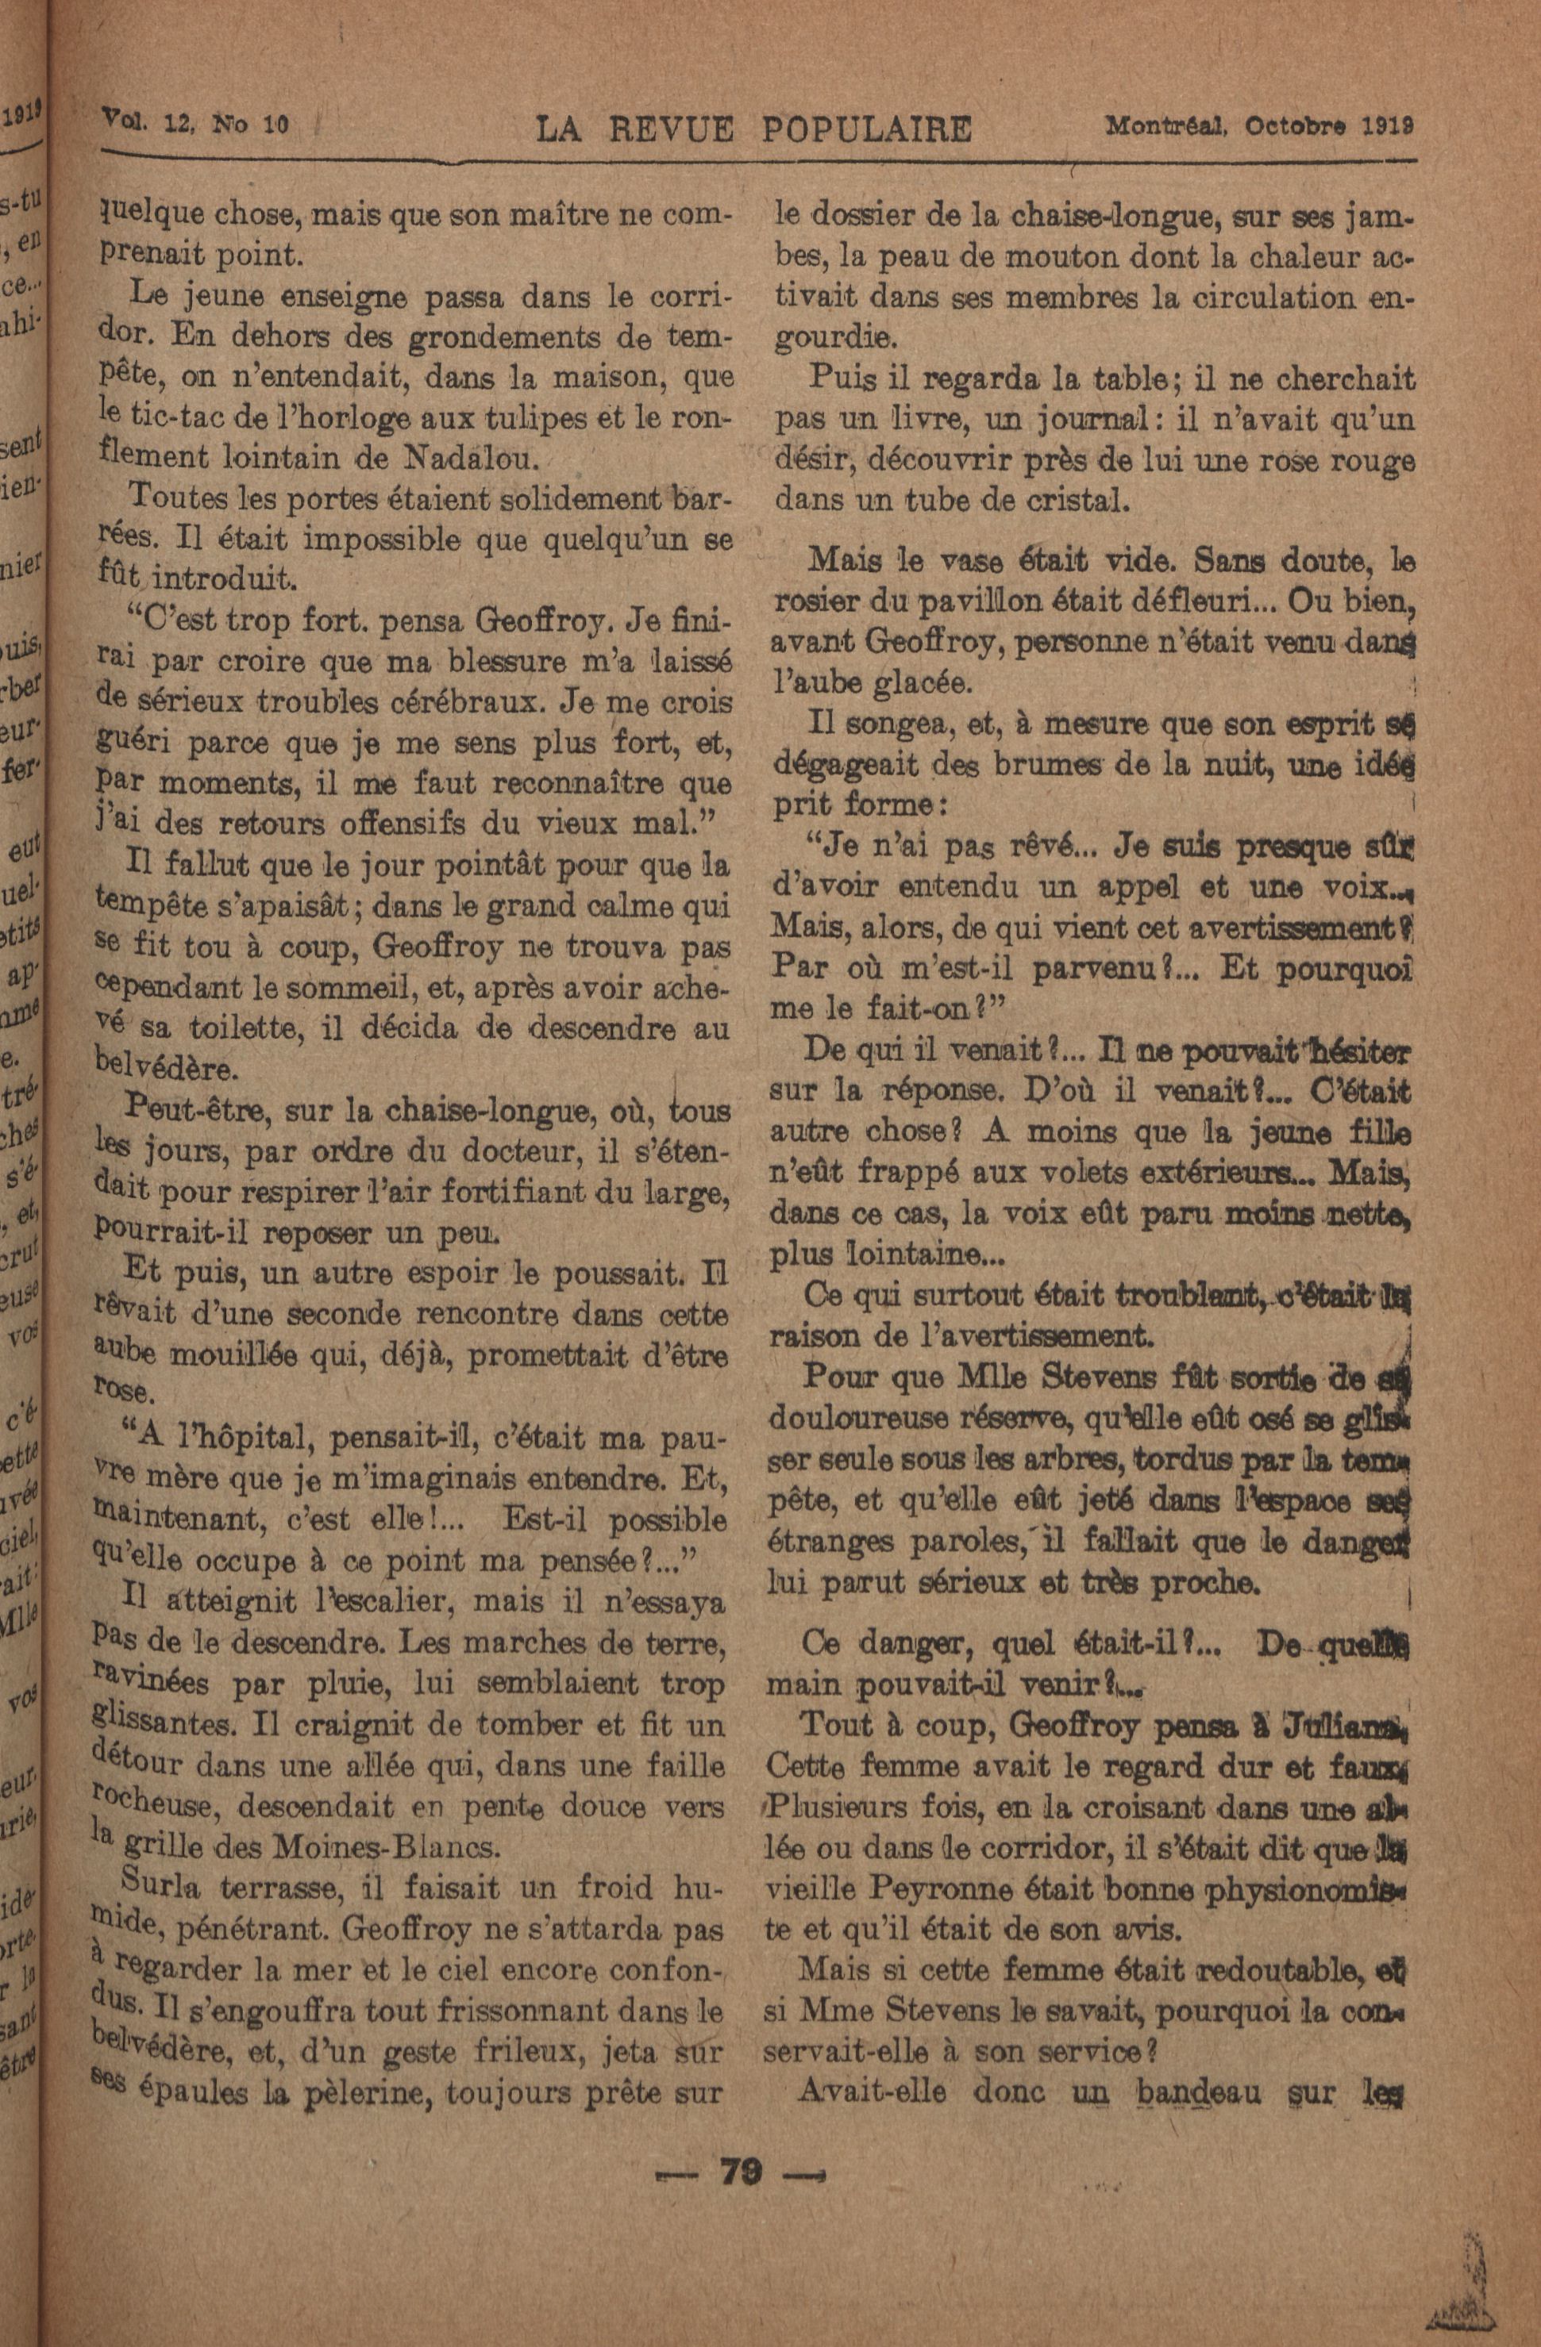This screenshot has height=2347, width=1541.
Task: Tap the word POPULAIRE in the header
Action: [866, 129]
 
